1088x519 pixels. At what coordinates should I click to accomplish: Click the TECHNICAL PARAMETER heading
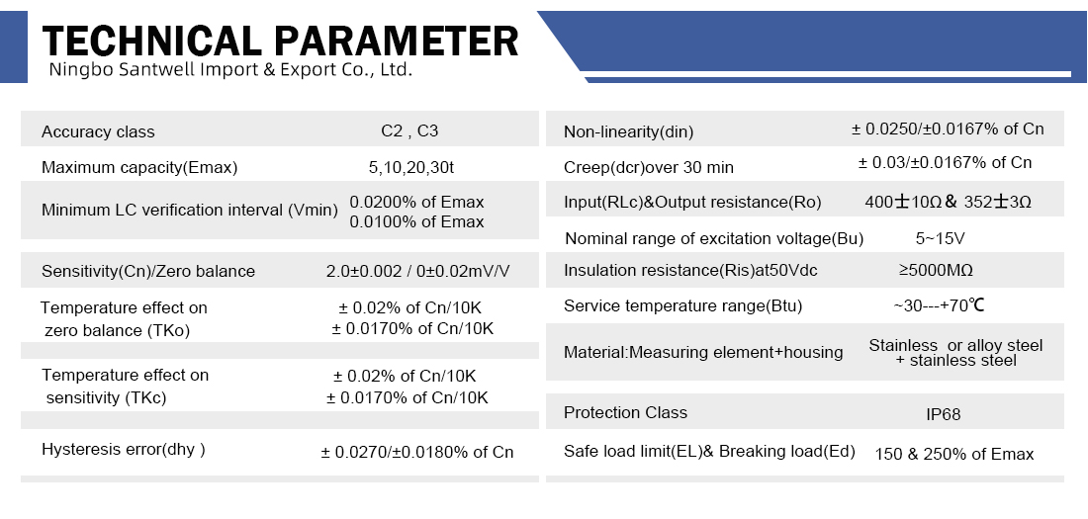[x=280, y=41]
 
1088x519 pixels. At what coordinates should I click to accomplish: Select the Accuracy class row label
[x=98, y=131]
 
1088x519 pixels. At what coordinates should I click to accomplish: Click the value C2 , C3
[x=409, y=131]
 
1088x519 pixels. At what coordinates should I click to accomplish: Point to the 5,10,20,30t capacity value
[x=411, y=167]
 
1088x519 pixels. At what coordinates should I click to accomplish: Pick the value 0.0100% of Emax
[x=416, y=222]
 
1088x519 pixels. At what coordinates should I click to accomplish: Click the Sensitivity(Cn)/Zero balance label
[x=148, y=271]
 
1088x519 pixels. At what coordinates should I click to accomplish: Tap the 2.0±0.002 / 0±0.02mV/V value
[x=417, y=271]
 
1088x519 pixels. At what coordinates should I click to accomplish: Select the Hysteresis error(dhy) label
[x=124, y=449]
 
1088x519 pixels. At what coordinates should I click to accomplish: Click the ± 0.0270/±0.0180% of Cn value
[x=417, y=453]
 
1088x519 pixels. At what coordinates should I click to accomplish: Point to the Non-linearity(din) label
[x=629, y=131]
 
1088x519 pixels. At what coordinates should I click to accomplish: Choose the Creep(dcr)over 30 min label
[x=649, y=167]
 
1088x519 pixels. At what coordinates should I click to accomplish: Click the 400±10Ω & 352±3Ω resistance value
[x=948, y=202]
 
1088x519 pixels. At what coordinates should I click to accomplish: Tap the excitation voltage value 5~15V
[x=941, y=238]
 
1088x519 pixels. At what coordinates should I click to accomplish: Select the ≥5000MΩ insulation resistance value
[x=936, y=270]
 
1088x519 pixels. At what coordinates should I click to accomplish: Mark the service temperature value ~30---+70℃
[x=939, y=305]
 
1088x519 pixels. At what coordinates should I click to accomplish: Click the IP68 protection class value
[x=944, y=415]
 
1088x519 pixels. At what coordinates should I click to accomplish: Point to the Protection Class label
[x=625, y=413]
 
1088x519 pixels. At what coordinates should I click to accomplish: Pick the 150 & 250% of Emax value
[x=954, y=455]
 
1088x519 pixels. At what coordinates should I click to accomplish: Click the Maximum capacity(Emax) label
[x=139, y=167]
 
